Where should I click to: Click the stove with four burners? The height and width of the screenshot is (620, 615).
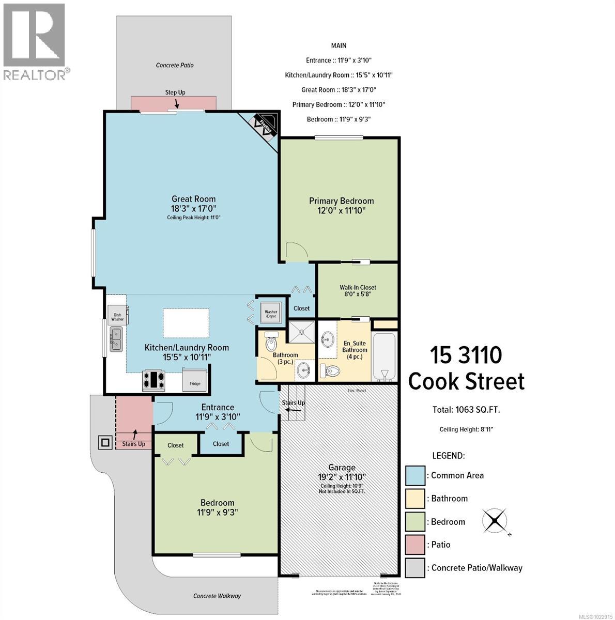(153, 380)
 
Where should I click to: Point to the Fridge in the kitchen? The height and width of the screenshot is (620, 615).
(195, 380)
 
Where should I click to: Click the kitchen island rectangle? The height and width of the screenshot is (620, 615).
(186, 323)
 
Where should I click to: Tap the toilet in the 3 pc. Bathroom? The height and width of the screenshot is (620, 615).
(271, 342)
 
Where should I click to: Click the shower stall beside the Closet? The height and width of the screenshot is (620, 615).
(301, 331)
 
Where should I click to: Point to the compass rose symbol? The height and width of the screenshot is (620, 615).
(495, 520)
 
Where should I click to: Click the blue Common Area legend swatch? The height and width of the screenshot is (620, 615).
(415, 475)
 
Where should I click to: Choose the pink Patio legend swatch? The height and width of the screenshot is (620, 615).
(415, 545)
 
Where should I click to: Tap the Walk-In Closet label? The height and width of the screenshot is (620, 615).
(358, 287)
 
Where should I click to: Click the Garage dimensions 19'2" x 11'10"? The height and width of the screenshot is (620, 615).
(342, 477)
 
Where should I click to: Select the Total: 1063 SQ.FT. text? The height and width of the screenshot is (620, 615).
(466, 410)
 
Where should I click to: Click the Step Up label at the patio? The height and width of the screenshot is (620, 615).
(175, 92)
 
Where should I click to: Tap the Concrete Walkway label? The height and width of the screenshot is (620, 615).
(217, 596)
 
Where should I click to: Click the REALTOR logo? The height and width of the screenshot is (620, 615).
(35, 41)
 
